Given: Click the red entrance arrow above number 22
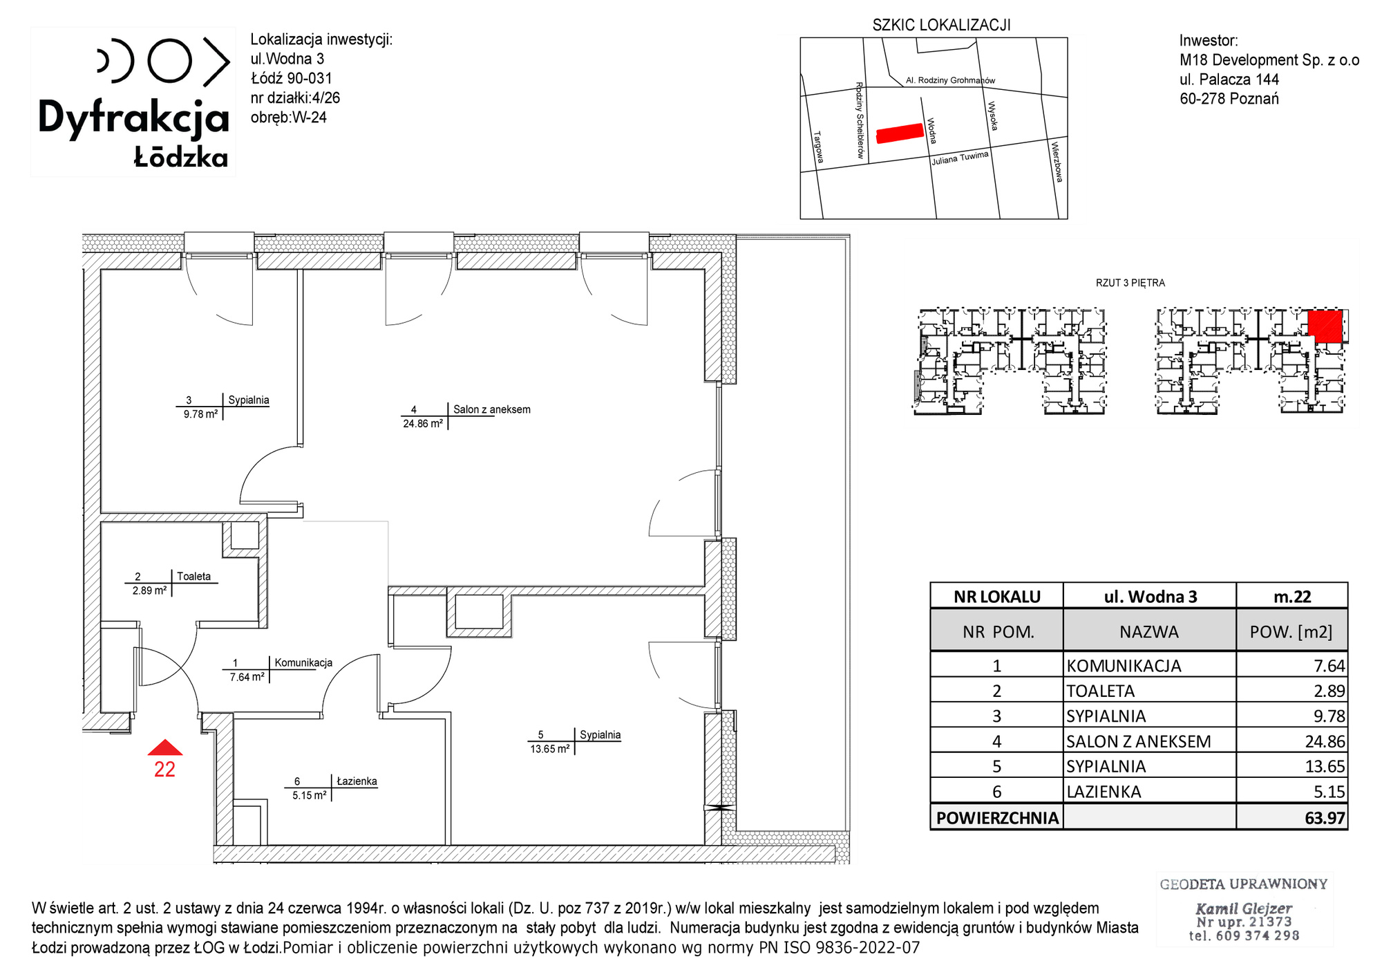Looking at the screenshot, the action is coord(165,747).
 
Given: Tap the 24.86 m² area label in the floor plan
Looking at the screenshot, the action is coord(423,424).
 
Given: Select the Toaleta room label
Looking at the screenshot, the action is coord(193,576).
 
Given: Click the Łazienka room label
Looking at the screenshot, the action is coord(357,781).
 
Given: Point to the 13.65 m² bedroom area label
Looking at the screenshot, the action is coord(550,749).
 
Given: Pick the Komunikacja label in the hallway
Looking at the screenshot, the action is coord(303,662).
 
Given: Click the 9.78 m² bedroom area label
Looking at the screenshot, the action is coord(200,414).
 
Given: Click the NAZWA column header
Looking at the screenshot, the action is coord(1149,632).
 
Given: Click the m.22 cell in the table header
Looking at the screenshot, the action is coord(1292,597).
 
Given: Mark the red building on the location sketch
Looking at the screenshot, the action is coord(900,133).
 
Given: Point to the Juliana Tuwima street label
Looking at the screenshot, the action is coord(960,158).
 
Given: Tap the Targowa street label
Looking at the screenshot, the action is coord(818,147).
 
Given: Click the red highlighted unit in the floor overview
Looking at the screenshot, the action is coord(1325,326).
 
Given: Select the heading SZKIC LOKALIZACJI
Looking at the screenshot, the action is coord(941,26).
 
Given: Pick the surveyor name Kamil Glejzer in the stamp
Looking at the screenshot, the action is coord(1244,909).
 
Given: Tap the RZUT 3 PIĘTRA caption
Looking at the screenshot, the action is coord(1130,283).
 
